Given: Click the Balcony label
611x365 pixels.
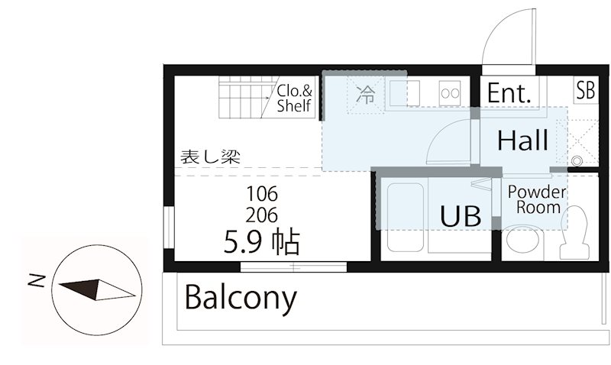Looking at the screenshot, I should [x=241, y=299].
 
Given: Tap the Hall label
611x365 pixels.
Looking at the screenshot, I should [x=523, y=141].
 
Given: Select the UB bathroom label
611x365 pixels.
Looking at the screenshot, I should [x=461, y=216].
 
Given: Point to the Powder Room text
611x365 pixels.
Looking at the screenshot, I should [x=537, y=199].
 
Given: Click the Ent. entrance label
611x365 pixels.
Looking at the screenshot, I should [x=509, y=93].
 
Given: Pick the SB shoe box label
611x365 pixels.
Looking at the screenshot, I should [x=585, y=91].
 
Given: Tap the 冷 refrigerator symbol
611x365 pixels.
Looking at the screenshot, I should [x=367, y=95].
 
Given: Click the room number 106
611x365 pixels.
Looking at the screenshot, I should [x=261, y=192].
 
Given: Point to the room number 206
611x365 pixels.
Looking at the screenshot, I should [x=261, y=214].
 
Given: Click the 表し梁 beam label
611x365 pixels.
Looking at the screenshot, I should [x=210, y=157].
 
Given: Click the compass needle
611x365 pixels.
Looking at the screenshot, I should [x=96, y=289].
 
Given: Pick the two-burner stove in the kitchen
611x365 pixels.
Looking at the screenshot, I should [x=449, y=93].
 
